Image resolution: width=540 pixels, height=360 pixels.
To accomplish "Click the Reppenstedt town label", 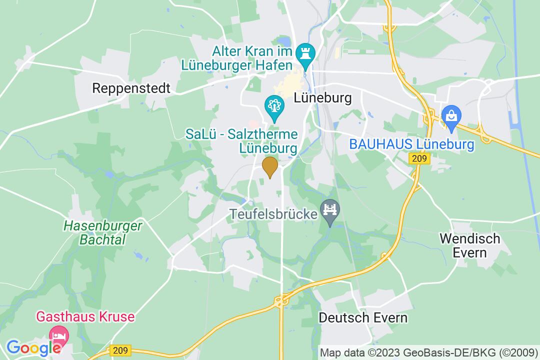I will (131, 88).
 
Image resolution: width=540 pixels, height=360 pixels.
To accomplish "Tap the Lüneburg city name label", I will (322, 97).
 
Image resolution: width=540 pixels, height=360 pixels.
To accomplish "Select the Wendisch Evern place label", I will (469, 245).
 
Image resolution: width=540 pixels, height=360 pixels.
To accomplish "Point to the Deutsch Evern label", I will (363, 317).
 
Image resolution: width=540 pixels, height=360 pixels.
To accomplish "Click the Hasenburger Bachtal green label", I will (102, 232).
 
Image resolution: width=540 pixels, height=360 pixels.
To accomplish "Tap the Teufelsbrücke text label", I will (274, 215).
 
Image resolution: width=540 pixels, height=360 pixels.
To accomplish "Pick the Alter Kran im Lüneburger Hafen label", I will (251, 58).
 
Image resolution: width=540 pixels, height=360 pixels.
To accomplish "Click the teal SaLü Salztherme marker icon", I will (274, 105).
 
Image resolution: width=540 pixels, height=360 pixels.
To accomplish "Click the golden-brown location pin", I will (270, 166).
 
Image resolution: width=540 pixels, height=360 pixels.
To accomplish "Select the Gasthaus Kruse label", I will (85, 317).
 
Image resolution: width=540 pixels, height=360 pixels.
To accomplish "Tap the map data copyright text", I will (429, 352).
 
